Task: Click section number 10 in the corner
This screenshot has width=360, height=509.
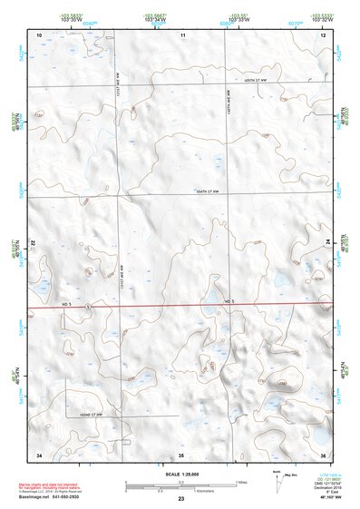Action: tap(39, 34)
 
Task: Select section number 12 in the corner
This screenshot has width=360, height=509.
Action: tap(324, 34)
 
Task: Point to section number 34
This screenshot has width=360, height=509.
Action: tap(39, 453)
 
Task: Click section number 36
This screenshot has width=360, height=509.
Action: tap(324, 453)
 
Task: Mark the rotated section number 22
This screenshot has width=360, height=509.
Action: tap(34, 244)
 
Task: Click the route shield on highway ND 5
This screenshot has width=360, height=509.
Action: tap(87, 308)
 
